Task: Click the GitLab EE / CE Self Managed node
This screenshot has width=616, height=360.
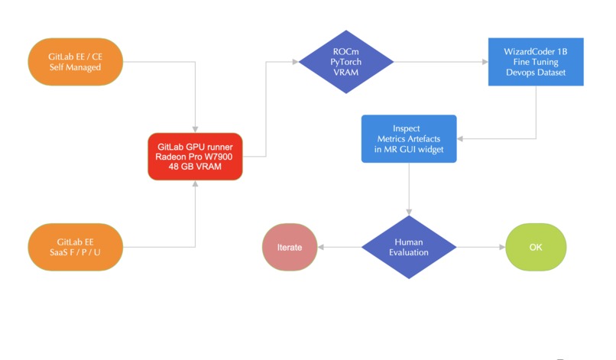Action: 75,61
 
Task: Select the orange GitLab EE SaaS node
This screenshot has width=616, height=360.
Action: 75,246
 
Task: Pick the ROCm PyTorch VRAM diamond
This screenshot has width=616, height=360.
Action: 346,61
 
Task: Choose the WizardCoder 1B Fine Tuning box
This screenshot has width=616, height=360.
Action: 536,60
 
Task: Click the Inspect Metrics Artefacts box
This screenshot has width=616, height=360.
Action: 409,138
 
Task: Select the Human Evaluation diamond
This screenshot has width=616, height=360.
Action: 409,247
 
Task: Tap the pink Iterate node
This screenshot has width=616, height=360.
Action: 290,247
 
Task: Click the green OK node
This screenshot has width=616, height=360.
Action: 536,247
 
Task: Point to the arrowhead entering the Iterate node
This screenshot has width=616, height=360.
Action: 320,247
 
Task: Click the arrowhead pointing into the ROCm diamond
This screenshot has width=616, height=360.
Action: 295,61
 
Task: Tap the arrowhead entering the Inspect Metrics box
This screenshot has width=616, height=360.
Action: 460,138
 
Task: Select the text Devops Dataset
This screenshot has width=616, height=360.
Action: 536,71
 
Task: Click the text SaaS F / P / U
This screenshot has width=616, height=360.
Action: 75,252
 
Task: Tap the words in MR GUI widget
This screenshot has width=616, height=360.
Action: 409,149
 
